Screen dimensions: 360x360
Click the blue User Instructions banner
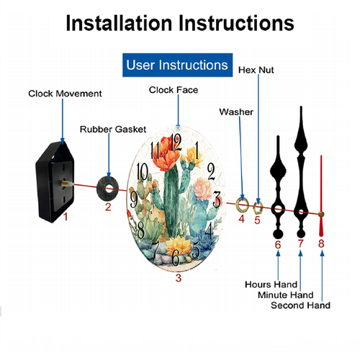177,65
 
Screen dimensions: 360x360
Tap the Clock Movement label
65,94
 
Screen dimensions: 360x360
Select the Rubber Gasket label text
113,130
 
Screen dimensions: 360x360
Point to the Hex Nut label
256,70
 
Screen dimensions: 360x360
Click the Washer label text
236,112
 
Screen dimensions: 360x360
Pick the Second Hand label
300,305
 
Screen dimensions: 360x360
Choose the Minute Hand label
286,294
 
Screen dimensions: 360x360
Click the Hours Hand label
271,284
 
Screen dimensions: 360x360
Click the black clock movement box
55,182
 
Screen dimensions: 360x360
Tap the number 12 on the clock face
176,143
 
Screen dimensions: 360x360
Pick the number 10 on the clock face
142,171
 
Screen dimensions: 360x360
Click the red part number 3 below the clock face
179,278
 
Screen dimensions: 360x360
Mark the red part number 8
321,243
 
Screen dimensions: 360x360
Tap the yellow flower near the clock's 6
178,246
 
